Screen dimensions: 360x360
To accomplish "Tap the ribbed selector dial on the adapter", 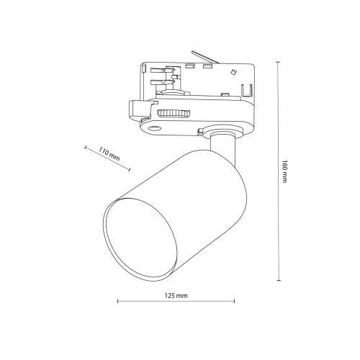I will [x=174, y=114].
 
